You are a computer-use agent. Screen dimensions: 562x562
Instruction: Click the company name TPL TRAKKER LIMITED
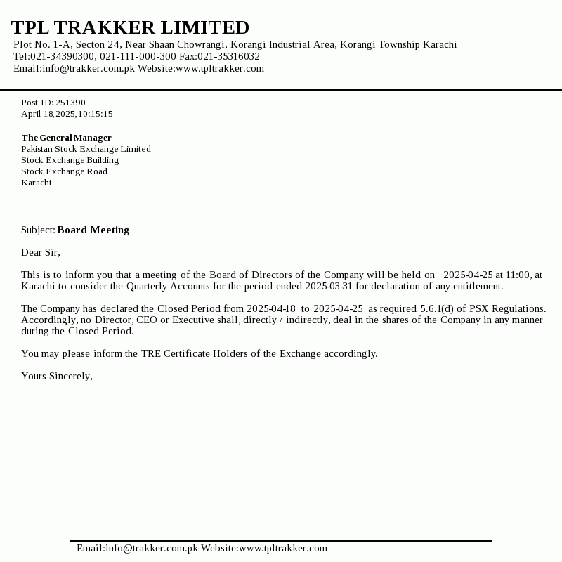[x=130, y=28]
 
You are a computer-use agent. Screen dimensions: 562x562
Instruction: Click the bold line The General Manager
[x=66, y=138]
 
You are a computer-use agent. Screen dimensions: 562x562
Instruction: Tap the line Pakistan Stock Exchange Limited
[x=86, y=149]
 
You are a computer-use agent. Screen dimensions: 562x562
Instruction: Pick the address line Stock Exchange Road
[x=64, y=171]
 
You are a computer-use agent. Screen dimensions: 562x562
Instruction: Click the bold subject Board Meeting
[x=93, y=230]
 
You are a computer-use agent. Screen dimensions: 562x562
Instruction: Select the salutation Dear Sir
[x=40, y=252]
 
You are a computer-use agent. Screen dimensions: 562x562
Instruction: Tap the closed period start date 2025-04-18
[x=271, y=309]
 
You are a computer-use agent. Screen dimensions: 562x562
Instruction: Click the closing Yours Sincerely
[x=56, y=376]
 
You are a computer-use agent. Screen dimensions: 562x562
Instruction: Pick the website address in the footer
[x=283, y=549]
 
